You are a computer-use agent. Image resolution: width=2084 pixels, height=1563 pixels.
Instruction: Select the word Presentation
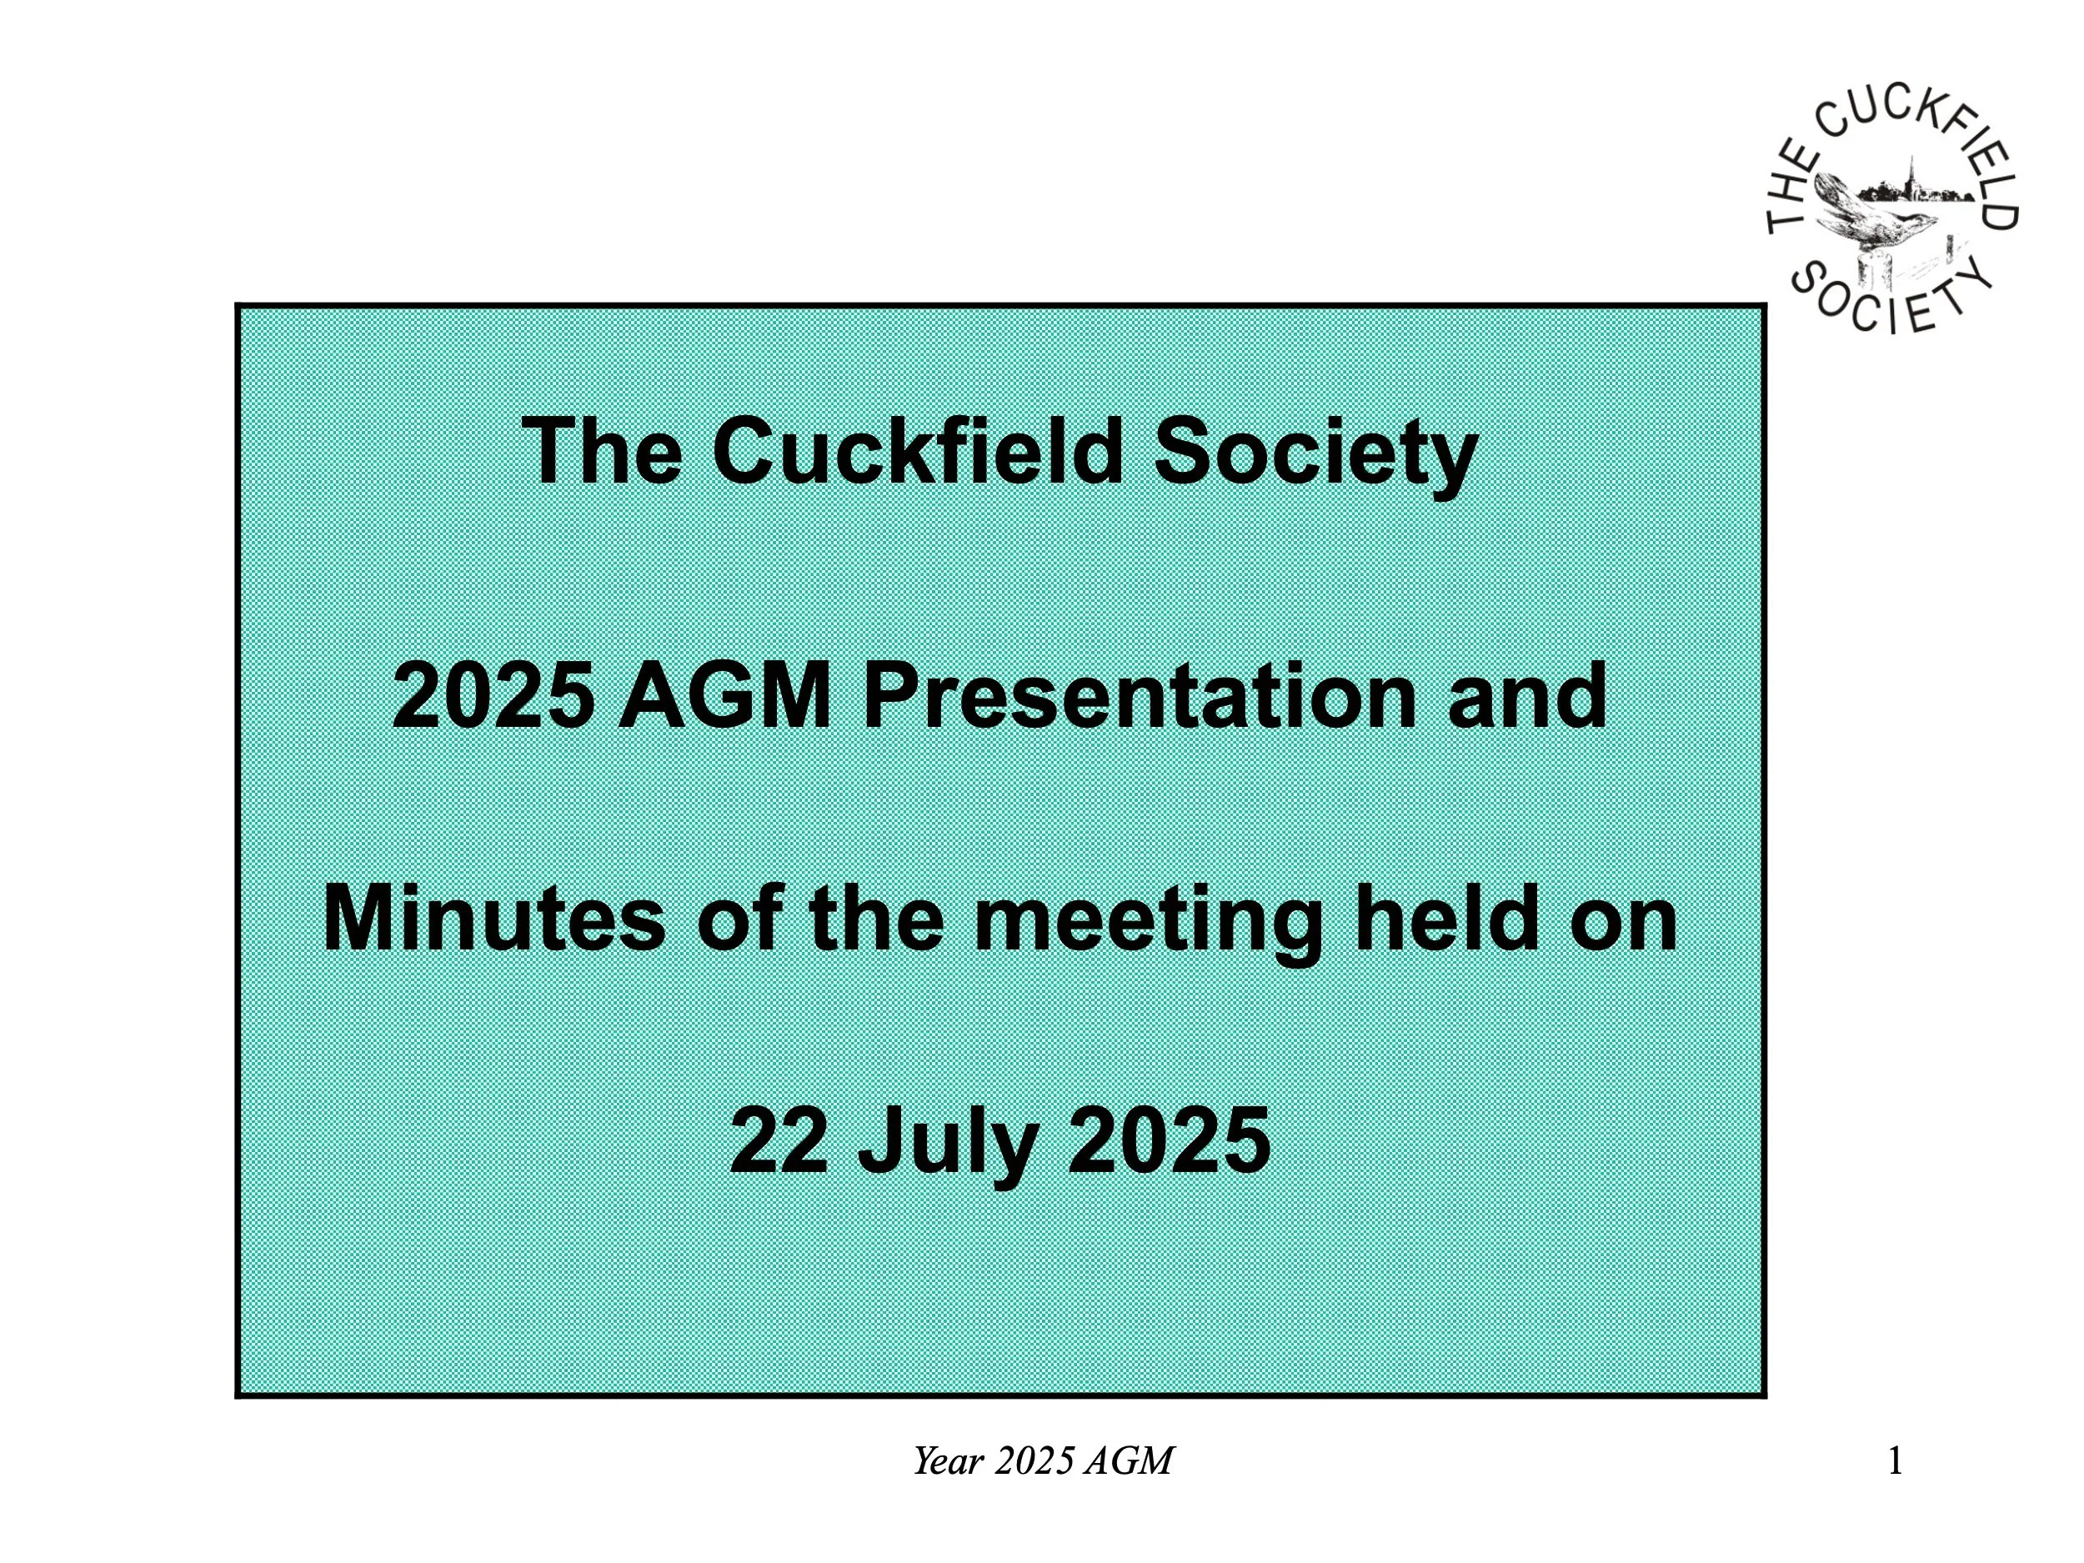pyautogui.click(x=1139, y=697)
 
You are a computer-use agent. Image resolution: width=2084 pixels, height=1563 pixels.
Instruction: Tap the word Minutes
pyautogui.click(x=493, y=919)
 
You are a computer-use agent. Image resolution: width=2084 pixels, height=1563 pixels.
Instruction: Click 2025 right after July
pyautogui.click(x=1168, y=1142)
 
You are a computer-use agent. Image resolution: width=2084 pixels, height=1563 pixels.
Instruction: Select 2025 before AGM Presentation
pyautogui.click(x=493, y=697)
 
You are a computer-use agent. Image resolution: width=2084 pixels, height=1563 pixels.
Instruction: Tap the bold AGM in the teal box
pyautogui.click(x=724, y=697)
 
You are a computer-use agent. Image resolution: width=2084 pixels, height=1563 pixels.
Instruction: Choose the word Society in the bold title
pyautogui.click(x=1315, y=454)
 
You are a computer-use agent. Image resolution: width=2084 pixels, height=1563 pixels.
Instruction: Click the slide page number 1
pyautogui.click(x=1895, y=1461)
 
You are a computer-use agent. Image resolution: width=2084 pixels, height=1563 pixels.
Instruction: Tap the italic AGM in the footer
pyautogui.click(x=1128, y=1461)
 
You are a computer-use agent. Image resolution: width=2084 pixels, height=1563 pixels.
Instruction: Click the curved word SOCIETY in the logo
pyautogui.click(x=1890, y=299)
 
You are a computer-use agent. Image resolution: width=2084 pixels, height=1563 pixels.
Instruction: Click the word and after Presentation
pyautogui.click(x=1526, y=697)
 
